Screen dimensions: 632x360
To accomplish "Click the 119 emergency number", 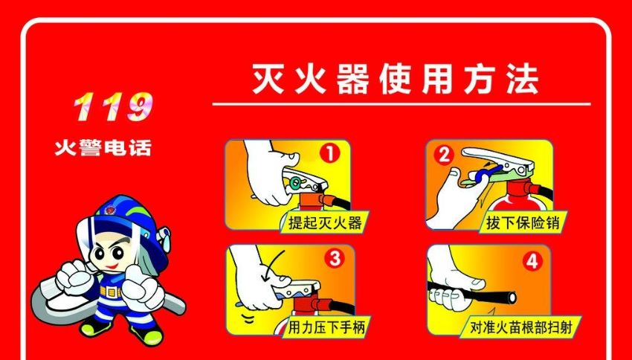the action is pyautogui.click(x=113, y=107).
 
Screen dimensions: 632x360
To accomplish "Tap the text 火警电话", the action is pyautogui.click(x=103, y=148).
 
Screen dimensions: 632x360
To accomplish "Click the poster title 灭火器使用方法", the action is pyautogui.click(x=396, y=79).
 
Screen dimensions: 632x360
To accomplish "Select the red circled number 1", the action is pyautogui.click(x=329, y=153).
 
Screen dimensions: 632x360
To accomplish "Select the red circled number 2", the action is pyautogui.click(x=444, y=155).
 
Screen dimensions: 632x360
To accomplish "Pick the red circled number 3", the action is pyautogui.click(x=335, y=258).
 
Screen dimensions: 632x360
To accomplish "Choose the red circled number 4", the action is pyautogui.click(x=532, y=262).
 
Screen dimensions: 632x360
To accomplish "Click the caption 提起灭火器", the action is pyautogui.click(x=325, y=222).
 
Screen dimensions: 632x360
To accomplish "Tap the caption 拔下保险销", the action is pyautogui.click(x=523, y=222).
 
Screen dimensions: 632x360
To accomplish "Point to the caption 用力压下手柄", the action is pyautogui.click(x=326, y=327).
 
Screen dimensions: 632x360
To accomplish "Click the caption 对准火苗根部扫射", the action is pyautogui.click(x=521, y=327).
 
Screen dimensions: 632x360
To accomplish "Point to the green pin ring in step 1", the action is pyautogui.click(x=295, y=184).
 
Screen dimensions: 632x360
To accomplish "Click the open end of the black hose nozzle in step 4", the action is pyautogui.click(x=512, y=298).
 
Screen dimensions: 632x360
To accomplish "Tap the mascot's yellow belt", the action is pyautogui.click(x=110, y=291).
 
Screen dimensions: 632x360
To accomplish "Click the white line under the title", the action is pyautogui.click(x=401, y=104).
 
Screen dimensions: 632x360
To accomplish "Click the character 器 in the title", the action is pyautogui.click(x=353, y=79).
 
